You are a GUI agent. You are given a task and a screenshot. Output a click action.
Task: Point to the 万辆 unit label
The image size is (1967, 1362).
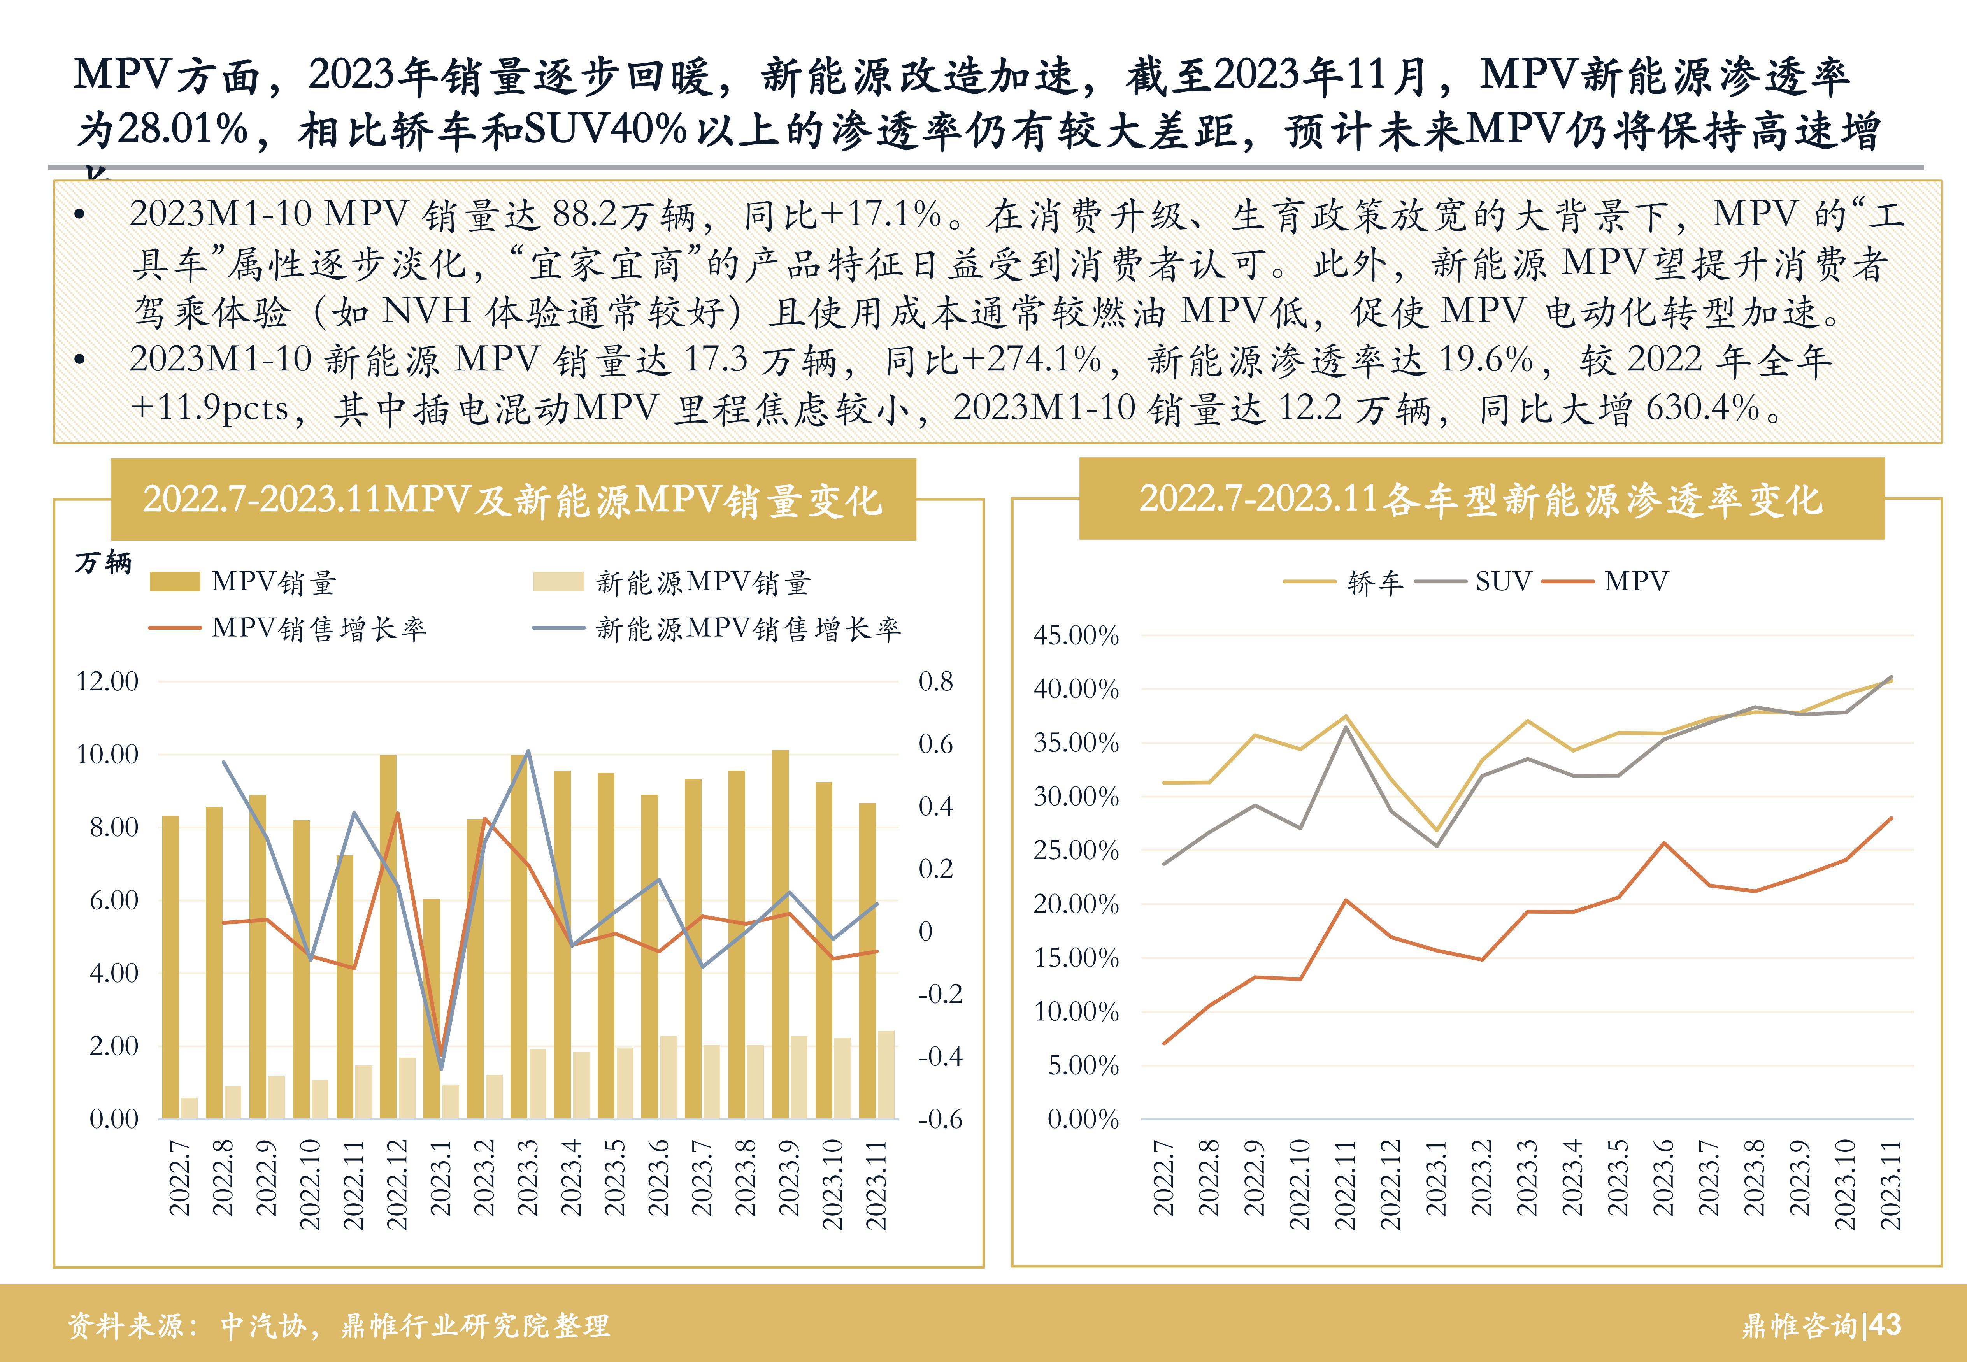103,563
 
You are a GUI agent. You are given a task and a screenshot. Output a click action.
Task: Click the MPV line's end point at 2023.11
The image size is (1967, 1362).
1891,818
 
